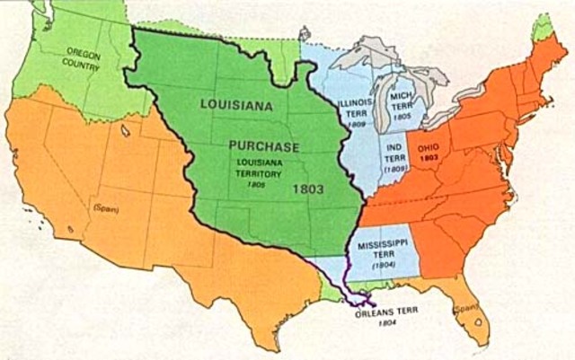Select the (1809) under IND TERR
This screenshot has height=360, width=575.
(x=394, y=168)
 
